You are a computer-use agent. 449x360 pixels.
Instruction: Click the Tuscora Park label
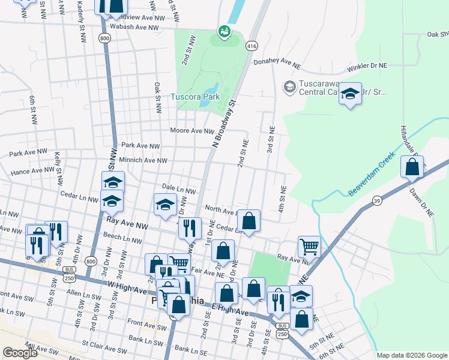pos(193,97)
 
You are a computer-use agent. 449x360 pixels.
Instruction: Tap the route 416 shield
pos(252,46)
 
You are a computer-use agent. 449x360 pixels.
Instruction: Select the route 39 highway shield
pos(377,200)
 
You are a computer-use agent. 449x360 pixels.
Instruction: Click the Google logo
pos(20,352)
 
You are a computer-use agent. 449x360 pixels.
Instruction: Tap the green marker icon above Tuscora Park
pos(224,31)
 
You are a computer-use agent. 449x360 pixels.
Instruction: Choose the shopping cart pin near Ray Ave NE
pos(309,245)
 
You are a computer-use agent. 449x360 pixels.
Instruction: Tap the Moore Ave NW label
pos(192,131)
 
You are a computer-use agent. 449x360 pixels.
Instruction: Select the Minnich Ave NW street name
pos(143,160)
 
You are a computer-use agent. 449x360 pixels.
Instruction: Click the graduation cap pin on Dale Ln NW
pos(166,205)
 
